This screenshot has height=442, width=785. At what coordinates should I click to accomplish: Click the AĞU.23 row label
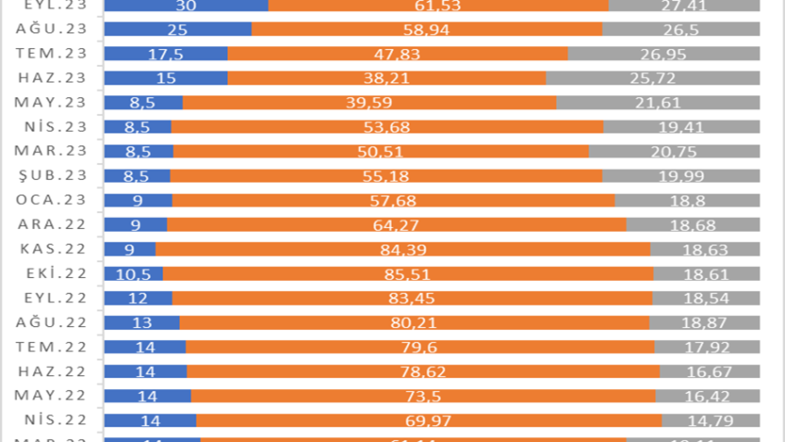click(52, 29)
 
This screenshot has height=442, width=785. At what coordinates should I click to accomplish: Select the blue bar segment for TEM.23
click(166, 54)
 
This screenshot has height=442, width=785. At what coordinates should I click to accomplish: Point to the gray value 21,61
click(658, 102)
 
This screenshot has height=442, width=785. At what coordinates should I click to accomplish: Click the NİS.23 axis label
click(52, 127)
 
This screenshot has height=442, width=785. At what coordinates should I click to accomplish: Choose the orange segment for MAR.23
click(381, 151)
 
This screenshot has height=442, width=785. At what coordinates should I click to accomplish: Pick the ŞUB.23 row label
click(52, 175)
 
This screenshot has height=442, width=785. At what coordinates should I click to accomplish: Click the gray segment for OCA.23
click(687, 199)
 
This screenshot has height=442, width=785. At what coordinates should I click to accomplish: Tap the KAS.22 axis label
click(52, 248)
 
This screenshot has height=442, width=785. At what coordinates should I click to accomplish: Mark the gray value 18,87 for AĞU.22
click(704, 322)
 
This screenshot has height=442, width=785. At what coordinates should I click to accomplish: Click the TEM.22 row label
click(52, 346)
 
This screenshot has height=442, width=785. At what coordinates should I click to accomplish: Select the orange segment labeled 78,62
click(423, 371)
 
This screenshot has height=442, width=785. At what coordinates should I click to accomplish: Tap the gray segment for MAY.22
click(707, 395)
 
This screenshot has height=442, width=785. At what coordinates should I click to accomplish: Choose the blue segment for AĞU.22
click(142, 322)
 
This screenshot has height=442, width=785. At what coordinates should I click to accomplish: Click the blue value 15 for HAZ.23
click(166, 78)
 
